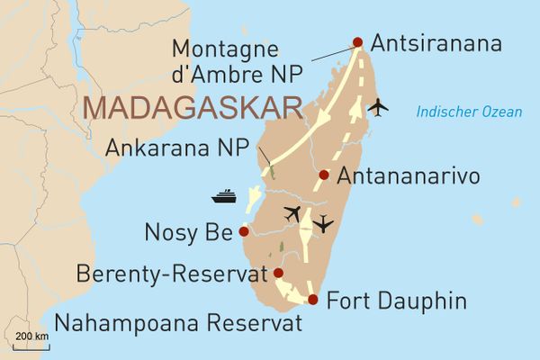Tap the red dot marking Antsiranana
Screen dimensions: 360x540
click(x=357, y=42)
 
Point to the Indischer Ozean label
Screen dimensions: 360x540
click(x=468, y=112)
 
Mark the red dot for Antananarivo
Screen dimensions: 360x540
click(x=323, y=175)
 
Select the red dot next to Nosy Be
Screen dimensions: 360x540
click(x=243, y=231)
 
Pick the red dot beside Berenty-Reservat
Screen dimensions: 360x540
click(x=278, y=273)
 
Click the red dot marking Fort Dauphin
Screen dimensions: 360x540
click(x=312, y=300)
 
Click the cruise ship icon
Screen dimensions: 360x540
click(x=223, y=194)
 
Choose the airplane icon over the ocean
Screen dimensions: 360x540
click(x=378, y=106)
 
